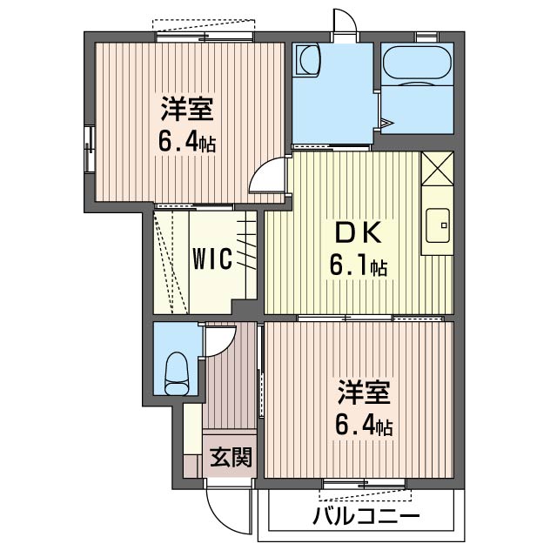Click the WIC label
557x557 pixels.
(212, 259)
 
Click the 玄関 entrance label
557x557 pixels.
(231, 457)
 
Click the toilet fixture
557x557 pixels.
(177, 372)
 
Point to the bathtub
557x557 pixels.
(416, 64)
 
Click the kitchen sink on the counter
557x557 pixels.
(439, 224)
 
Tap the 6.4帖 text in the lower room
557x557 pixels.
(365, 426)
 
